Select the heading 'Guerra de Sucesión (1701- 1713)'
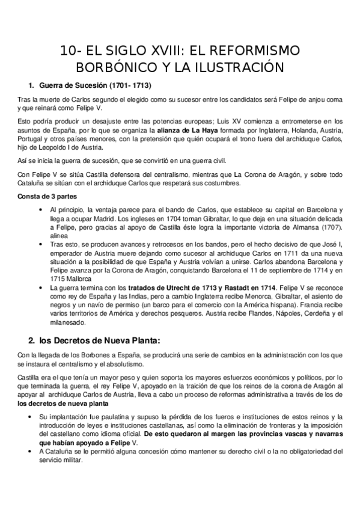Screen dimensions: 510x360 94,85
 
